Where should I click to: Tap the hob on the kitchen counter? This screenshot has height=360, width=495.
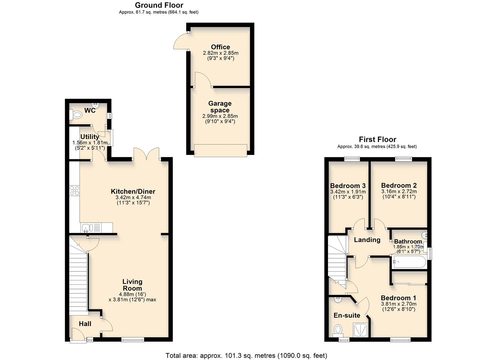pyautogui.click(x=74, y=190)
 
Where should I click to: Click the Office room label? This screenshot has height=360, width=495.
pyautogui.click(x=220, y=47)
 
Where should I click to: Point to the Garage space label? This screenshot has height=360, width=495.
pyautogui.click(x=220, y=107)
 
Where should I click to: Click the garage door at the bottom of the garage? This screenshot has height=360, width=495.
pyautogui.click(x=220, y=150)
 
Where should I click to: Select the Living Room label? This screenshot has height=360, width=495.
pyautogui.click(x=132, y=285)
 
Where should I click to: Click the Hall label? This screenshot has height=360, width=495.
pyautogui.click(x=85, y=324)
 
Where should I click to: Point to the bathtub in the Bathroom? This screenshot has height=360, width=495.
pyautogui.click(x=409, y=262)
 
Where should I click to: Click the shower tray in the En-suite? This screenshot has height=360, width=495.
pyautogui.click(x=360, y=330)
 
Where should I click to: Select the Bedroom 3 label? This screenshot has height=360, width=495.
pyautogui.click(x=348, y=186)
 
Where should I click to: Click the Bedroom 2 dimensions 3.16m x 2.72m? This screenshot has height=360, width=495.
pyautogui.click(x=399, y=192)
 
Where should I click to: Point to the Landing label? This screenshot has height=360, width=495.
pyautogui.click(x=367, y=240)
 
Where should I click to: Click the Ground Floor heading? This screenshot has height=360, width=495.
pyautogui.click(x=159, y=5)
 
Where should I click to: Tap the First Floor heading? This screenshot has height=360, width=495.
pyautogui.click(x=377, y=139)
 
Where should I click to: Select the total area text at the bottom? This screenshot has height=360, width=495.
pyautogui.click(x=246, y=355)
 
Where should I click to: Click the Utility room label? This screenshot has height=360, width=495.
pyautogui.click(x=90, y=137)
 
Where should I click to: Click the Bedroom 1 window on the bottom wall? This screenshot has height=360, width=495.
pyautogui.click(x=401, y=340)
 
